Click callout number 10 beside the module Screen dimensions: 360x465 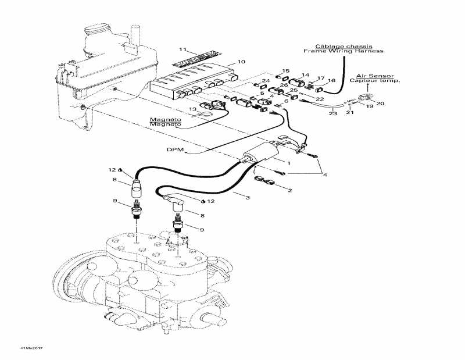point(241,60)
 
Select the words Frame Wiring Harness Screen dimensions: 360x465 point(344,51)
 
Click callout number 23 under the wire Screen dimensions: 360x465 point(332,114)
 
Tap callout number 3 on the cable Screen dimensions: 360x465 point(248,198)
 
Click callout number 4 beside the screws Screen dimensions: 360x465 point(325,175)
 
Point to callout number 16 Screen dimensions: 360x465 point(332,80)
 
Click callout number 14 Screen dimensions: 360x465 point(305,75)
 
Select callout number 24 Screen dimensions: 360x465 point(265,80)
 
